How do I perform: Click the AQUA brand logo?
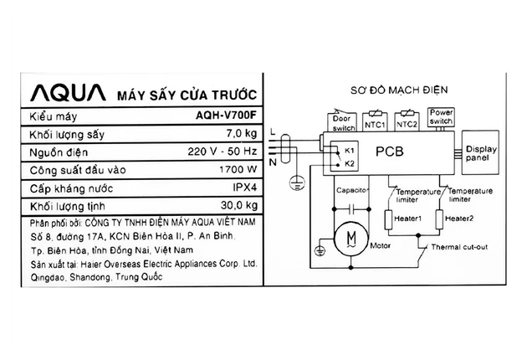68,93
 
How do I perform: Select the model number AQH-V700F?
226,116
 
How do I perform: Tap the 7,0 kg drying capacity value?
241,134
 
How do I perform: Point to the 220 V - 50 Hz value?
223,152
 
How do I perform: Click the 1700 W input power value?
238,169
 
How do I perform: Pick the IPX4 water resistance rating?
244,187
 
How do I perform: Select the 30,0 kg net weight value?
239,205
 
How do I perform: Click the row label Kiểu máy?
54,116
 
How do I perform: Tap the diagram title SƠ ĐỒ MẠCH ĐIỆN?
399,90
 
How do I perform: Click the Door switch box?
342,122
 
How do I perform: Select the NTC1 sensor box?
375,122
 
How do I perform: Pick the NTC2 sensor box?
407,121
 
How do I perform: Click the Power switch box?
442,117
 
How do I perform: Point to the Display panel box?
480,152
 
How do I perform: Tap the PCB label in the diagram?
390,152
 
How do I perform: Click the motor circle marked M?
351,239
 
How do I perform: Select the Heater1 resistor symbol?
388,219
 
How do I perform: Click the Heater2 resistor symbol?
439,219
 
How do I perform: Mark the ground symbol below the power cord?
297,183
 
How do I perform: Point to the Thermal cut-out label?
459,247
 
